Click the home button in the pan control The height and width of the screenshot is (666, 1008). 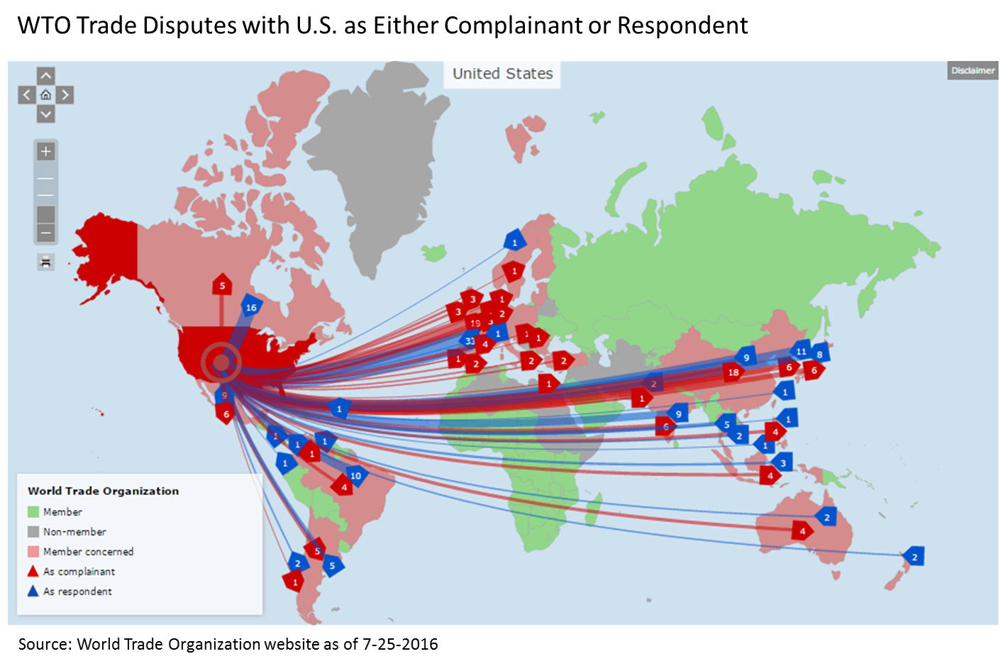pyautogui.click(x=45, y=94)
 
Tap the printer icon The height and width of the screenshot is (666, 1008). pyautogui.click(x=45, y=262)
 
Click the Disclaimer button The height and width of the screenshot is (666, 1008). pyautogui.click(x=973, y=70)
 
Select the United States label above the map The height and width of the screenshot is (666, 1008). pyautogui.click(x=502, y=74)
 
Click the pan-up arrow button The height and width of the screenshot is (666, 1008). pyautogui.click(x=45, y=76)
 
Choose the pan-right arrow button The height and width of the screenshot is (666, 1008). pyautogui.click(x=65, y=94)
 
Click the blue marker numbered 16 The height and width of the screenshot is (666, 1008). pyautogui.click(x=251, y=307)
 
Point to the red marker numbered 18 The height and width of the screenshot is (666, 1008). pyautogui.click(x=733, y=372)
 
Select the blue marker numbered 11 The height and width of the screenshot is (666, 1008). pyautogui.click(x=801, y=350)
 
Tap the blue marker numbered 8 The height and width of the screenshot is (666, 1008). pyautogui.click(x=820, y=354)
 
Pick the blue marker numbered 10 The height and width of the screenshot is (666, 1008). pyautogui.click(x=355, y=475)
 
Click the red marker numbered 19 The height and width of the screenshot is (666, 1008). pyautogui.click(x=475, y=323)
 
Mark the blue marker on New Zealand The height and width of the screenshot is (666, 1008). pyautogui.click(x=914, y=557)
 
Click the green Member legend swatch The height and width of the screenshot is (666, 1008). pyautogui.click(x=33, y=512)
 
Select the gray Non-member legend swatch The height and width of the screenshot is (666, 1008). pyautogui.click(x=33, y=532)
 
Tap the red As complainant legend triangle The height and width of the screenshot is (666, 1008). pyautogui.click(x=33, y=571)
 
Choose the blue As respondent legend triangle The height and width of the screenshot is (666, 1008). pyautogui.click(x=33, y=591)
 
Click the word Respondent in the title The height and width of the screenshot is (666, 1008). pyautogui.click(x=682, y=26)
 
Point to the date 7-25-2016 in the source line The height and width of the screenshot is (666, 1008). pyautogui.click(x=400, y=644)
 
